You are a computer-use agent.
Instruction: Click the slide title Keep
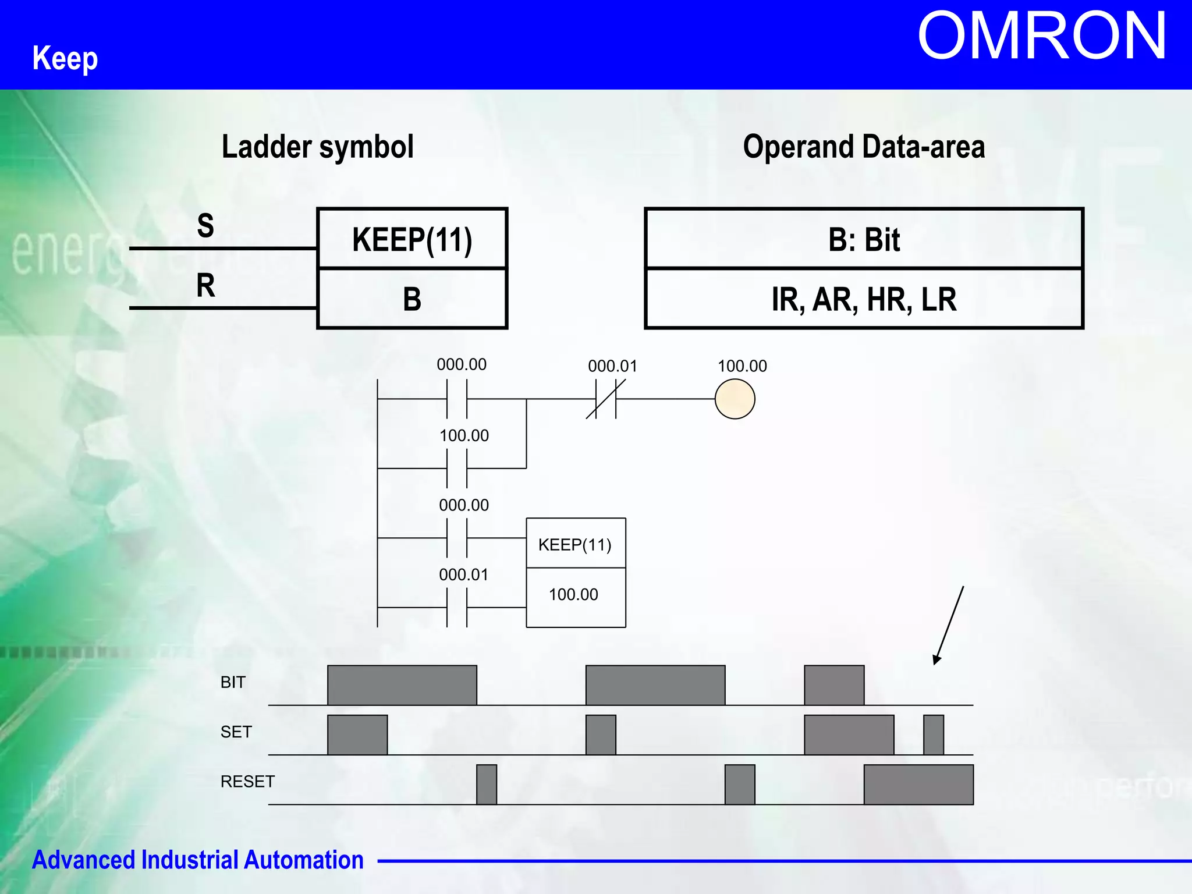point(65,58)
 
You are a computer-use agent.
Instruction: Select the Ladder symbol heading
point(317,147)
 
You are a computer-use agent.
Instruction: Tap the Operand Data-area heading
point(864,147)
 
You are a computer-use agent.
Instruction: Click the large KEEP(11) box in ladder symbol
point(412,239)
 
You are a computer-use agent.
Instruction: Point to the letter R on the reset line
point(205,285)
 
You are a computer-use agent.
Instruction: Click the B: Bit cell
point(864,239)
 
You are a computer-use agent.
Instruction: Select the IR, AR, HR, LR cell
point(864,299)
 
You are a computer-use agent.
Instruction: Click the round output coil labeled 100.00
point(735,399)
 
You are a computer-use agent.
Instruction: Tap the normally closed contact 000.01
point(606,399)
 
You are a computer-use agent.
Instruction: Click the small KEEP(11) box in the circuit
point(575,544)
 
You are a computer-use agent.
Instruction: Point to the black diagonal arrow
point(949,626)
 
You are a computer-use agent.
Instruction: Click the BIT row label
point(233,682)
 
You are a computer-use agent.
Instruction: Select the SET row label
point(236,732)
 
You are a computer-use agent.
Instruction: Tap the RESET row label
point(247,782)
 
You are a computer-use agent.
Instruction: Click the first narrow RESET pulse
point(487,785)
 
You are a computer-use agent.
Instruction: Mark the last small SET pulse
point(933,735)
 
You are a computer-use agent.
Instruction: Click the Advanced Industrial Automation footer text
point(198,860)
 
